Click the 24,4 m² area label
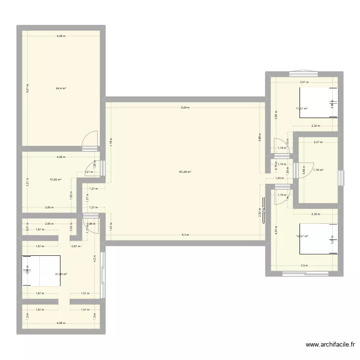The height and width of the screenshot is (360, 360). [61, 88]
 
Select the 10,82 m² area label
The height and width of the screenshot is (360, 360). [56, 180]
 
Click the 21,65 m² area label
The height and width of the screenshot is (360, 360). [61, 274]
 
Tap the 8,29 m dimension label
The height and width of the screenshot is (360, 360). [185, 108]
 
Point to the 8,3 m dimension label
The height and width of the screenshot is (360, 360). [185, 235]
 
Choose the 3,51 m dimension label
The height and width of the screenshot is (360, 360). [304, 82]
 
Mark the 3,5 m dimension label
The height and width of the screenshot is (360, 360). [304, 265]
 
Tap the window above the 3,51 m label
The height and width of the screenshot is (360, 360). [303, 73]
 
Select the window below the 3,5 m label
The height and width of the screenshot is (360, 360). [304, 274]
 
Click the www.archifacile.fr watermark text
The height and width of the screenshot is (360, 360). [331, 345]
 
